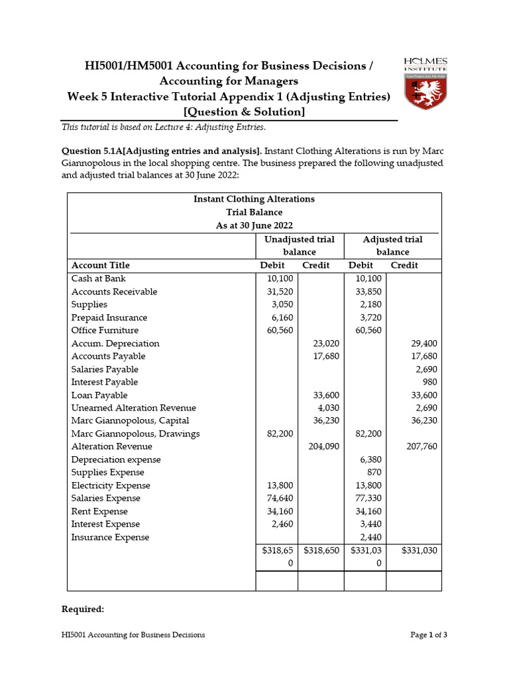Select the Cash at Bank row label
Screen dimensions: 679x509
[x=98, y=278]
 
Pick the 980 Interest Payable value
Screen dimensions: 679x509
[x=429, y=382]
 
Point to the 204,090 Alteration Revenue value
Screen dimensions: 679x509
[x=324, y=447]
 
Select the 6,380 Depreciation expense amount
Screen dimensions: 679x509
[x=368, y=460]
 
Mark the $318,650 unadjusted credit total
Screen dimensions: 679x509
[x=321, y=550]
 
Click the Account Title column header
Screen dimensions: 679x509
[x=101, y=265]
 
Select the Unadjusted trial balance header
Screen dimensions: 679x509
[x=300, y=245]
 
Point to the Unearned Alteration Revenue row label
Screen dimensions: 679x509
[x=133, y=408]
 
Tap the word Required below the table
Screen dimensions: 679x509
[x=83, y=609]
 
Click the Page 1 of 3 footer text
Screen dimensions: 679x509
[x=429, y=635]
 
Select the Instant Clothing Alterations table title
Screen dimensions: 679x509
[x=254, y=199]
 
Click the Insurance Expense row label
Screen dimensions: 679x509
[x=110, y=537]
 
